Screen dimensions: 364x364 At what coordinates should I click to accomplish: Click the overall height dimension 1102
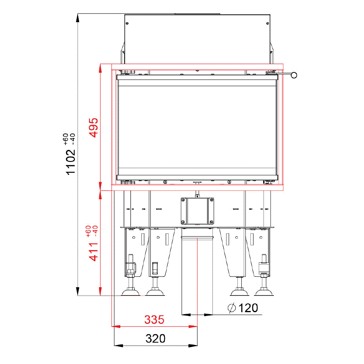coord(70,162)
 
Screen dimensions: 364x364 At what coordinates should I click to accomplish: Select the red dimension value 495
coord(94,128)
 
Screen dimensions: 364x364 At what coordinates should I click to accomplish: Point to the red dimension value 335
coord(154,320)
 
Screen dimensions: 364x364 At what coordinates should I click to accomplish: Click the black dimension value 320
coord(155,338)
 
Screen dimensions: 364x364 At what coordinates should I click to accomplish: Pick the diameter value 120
coord(248,308)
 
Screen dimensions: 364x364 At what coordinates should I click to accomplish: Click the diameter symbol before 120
coord(232,308)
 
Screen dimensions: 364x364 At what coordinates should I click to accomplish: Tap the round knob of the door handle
coord(294,75)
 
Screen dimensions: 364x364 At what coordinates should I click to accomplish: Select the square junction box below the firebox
coord(197,211)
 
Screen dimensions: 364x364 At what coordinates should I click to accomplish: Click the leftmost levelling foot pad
coord(131,292)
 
